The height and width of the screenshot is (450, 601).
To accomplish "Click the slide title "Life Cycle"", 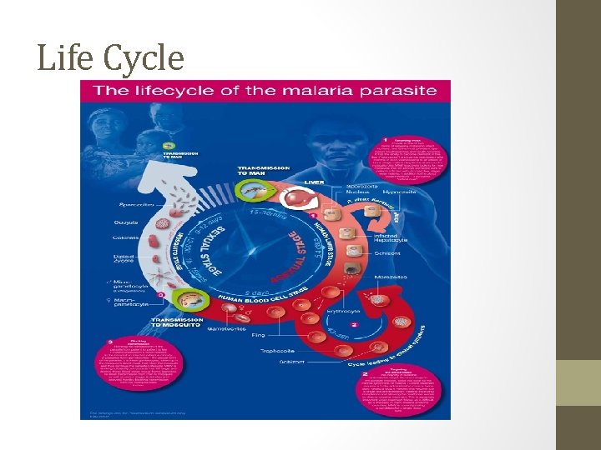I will (110, 57).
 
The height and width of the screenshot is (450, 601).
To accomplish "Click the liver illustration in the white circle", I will (298, 201).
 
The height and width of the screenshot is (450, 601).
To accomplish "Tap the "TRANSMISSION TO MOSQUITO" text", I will (181, 324).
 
